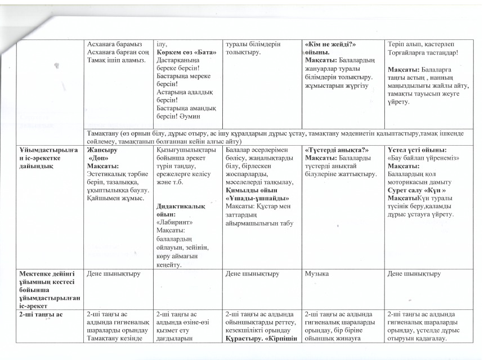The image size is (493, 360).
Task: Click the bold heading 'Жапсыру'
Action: [x=100, y=151]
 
